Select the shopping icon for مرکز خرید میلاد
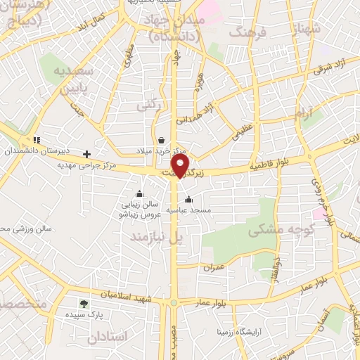tap(162, 139)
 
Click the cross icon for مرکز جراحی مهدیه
tap(87, 153)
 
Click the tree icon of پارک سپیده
tap(84, 304)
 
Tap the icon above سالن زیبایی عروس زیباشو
tap(139, 194)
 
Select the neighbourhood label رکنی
tap(148, 106)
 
